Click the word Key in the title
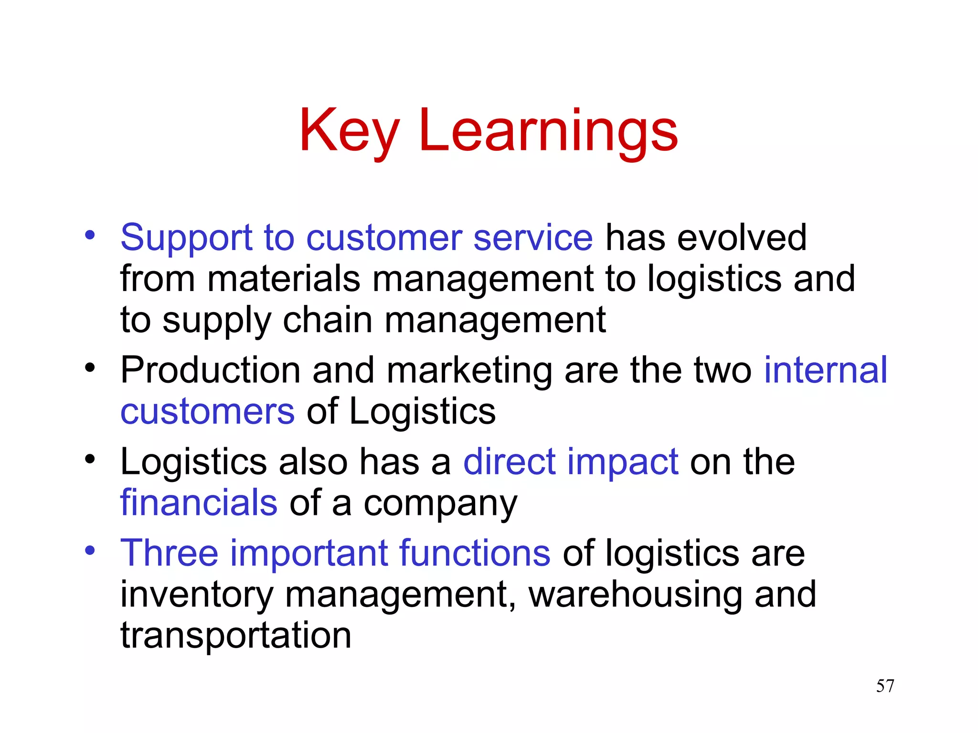pyautogui.click(x=349, y=131)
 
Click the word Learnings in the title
pyautogui.click(x=548, y=131)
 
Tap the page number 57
pyautogui.click(x=885, y=686)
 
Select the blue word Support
pyautogui.click(x=186, y=238)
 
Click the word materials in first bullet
pyautogui.click(x=284, y=279)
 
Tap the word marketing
pyautogui.click(x=469, y=371)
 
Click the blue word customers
pyautogui.click(x=207, y=411)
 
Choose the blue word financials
pyautogui.click(x=199, y=503)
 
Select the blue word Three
pyautogui.click(x=169, y=553)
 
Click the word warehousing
pyautogui.click(x=636, y=595)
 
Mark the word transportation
pyautogui.click(x=236, y=636)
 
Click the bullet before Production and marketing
pyautogui.click(x=90, y=368)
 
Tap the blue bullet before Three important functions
pyautogui.click(x=90, y=551)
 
